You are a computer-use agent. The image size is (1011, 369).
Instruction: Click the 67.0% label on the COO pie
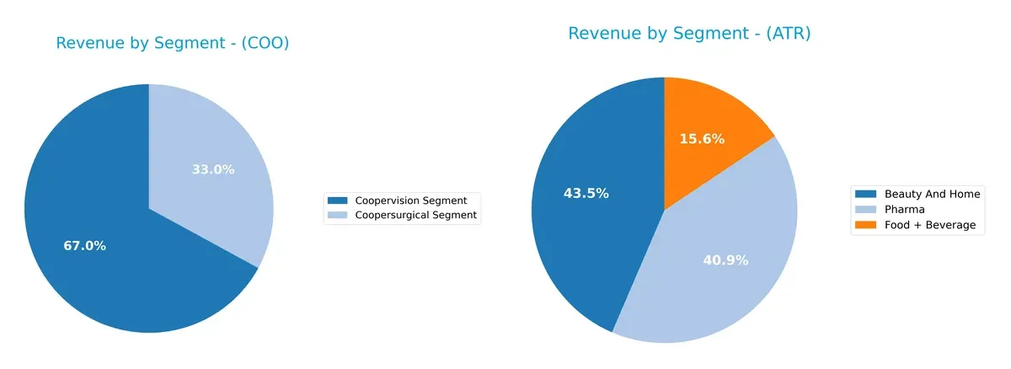coord(84,246)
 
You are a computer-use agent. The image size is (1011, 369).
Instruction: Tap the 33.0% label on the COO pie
coord(213,169)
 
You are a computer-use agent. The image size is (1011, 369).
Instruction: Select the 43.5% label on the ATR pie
coord(586,193)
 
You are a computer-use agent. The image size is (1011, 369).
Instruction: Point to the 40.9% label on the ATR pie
coord(725,260)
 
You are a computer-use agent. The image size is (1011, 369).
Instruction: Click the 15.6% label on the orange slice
coord(702,139)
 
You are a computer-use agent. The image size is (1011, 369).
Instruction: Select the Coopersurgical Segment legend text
coord(416,216)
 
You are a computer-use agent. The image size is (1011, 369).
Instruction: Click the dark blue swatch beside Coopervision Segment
coord(337,201)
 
